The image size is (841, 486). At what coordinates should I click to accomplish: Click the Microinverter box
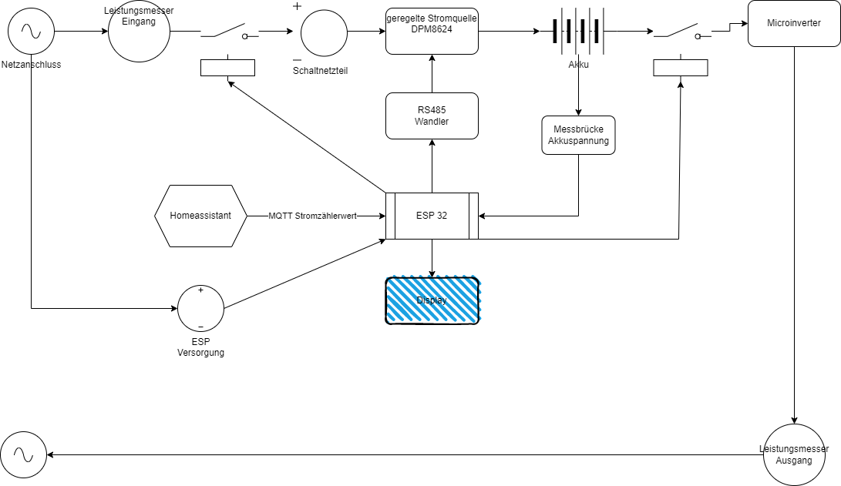click(794, 23)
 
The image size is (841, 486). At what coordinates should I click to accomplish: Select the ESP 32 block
click(432, 216)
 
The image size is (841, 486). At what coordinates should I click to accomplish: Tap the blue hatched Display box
click(432, 300)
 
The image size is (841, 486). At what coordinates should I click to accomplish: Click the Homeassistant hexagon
click(200, 216)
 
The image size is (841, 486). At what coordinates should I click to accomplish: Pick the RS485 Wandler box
click(432, 116)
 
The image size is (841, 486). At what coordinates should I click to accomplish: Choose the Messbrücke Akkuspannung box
click(578, 135)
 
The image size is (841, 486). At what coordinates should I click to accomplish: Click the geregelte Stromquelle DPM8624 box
click(432, 31)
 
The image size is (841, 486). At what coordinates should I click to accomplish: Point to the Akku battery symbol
click(577, 32)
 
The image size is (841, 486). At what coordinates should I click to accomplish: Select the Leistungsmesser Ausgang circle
click(794, 454)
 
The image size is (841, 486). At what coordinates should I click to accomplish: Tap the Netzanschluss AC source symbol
click(31, 32)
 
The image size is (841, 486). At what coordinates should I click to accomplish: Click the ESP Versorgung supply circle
click(200, 308)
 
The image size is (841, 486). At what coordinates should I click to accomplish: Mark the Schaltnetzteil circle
click(324, 32)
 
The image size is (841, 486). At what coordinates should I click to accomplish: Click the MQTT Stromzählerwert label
click(312, 216)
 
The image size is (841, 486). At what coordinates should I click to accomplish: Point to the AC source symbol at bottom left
click(23, 454)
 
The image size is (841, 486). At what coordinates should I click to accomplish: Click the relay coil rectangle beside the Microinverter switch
click(680, 68)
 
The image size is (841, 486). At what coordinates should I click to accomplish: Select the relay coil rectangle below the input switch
click(227, 68)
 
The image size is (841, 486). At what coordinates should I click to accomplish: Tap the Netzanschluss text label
click(32, 65)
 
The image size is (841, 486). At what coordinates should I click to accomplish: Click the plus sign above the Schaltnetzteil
click(297, 6)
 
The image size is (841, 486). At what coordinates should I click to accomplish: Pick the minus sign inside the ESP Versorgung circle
click(200, 327)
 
